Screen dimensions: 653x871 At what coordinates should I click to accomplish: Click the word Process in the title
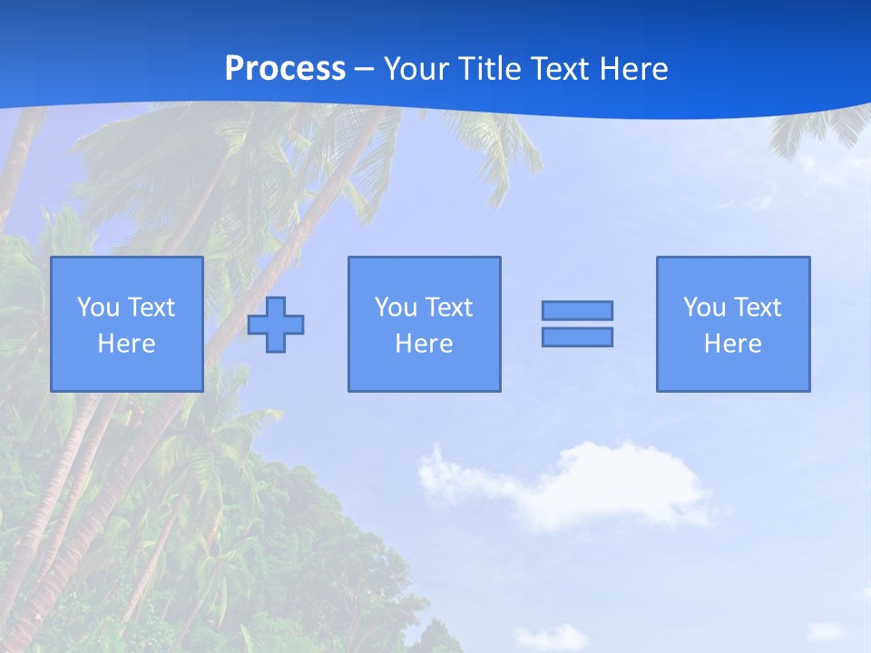pos(285,68)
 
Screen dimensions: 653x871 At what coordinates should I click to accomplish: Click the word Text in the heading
pos(559,68)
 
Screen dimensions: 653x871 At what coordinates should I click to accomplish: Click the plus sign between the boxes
pos(276,325)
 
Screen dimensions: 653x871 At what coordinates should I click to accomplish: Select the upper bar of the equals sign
pos(577,310)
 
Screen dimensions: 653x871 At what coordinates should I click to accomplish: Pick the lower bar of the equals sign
pos(577,336)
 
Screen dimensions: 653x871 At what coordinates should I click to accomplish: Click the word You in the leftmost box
pos(98,307)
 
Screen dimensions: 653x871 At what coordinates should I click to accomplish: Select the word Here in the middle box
pos(424,344)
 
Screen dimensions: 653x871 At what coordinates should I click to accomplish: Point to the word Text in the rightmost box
pos(758,307)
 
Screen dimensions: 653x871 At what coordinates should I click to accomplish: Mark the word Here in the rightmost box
pos(733,344)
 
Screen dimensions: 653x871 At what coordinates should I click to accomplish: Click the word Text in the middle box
pos(448,307)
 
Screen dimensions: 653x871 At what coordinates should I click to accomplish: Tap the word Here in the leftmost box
pos(127,344)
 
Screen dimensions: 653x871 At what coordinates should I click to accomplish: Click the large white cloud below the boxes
pos(581,485)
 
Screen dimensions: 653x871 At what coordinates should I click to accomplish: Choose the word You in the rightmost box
pos(704,307)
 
